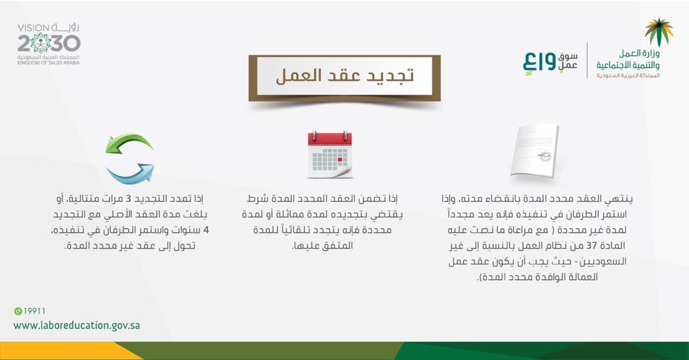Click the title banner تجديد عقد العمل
coord(344,77)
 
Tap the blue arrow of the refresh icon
coord(130,173)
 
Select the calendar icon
coord(330,154)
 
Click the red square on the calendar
coord(340,159)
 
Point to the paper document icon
coord(534,151)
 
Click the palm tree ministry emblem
coord(659,32)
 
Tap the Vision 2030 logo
coord(48,44)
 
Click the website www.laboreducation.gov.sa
coord(77,326)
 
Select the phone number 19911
coord(34,311)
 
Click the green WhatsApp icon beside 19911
coord(18,311)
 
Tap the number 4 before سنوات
coord(206,230)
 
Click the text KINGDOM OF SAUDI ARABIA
coord(48,63)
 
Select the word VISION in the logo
coord(34,28)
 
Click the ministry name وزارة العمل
coord(639,54)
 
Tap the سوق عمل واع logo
coord(550,63)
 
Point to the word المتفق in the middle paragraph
coord(338,246)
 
